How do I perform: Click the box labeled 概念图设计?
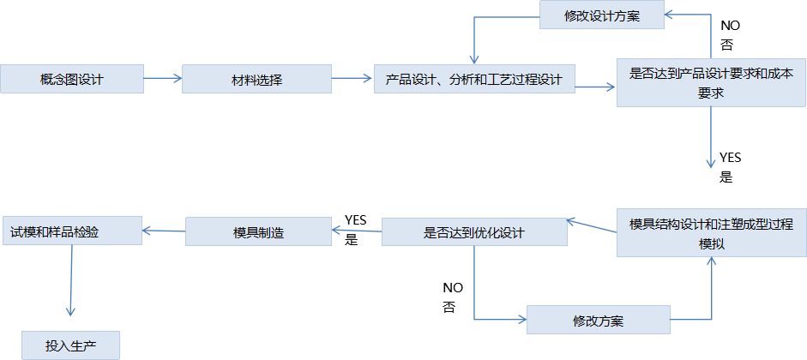pyautogui.click(x=71, y=80)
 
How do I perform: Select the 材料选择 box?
pyautogui.click(x=257, y=80)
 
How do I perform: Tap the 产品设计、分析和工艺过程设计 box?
pyautogui.click(x=474, y=80)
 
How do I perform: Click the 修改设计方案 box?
pyautogui.click(x=601, y=15)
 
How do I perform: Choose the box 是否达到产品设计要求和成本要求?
pyautogui.click(x=711, y=82)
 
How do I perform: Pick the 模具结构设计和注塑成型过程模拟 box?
pyautogui.click(x=711, y=232)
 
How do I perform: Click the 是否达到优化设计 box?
pyautogui.click(x=474, y=232)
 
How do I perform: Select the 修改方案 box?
pyautogui.click(x=598, y=321)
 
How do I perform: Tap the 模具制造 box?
pyautogui.click(x=258, y=231)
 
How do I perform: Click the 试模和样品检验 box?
pyautogui.click(x=71, y=231)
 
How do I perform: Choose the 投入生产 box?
pyautogui.click(x=71, y=345)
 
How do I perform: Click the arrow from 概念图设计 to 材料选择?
pyautogui.click(x=162, y=80)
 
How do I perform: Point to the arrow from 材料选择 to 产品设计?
pyautogui.click(x=352, y=80)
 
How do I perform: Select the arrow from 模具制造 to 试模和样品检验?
pyautogui.click(x=164, y=230)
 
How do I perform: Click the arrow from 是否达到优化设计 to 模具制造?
pyautogui.click(x=356, y=230)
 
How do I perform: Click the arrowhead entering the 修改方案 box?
pyautogui.click(x=521, y=321)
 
